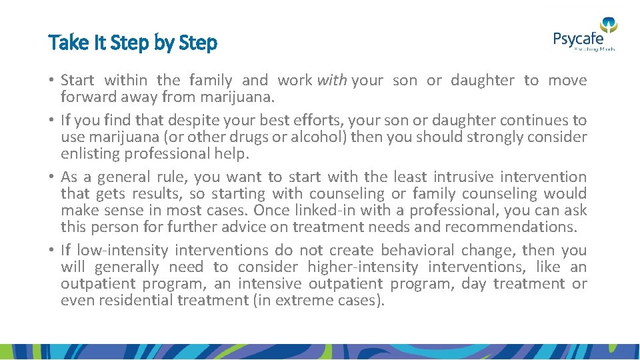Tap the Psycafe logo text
pos(577,39)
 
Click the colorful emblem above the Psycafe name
pos(609,25)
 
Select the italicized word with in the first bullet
pos(331,81)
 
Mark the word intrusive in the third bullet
pos(463,177)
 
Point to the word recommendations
pos(511,227)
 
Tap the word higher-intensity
pos(363,267)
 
